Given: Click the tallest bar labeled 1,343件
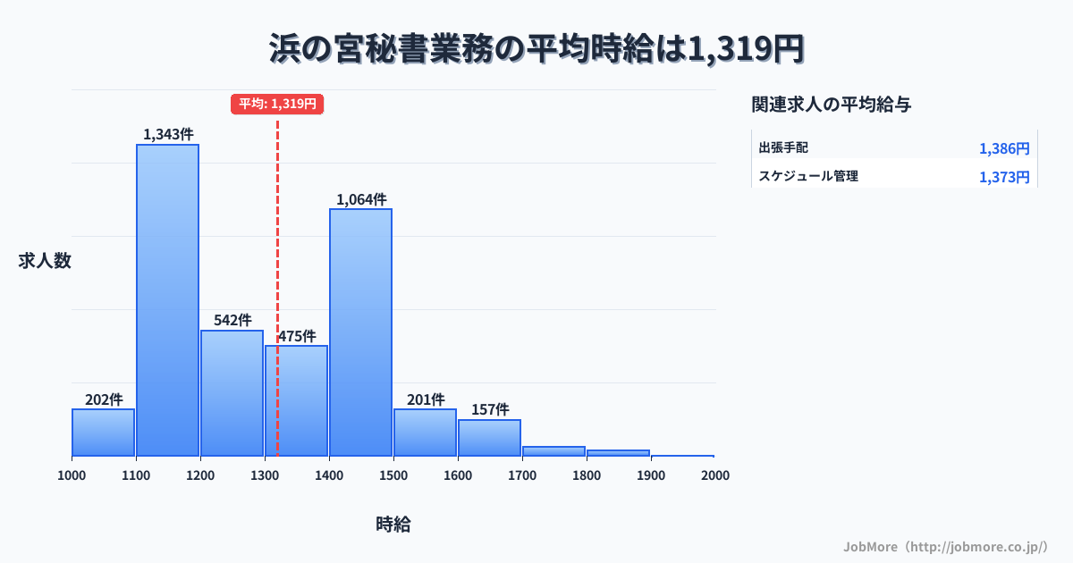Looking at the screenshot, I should [167, 299].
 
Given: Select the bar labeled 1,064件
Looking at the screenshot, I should [360, 332].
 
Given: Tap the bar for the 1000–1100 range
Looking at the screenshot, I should [103, 433].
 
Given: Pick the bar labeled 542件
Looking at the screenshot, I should [232, 392].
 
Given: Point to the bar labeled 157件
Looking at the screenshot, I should [489, 438].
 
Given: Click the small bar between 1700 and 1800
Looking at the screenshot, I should [553, 451].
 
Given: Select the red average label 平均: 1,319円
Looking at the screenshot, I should [277, 104].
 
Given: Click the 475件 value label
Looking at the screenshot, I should [296, 336].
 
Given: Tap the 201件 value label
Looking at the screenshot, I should [425, 399].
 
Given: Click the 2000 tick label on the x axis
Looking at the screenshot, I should [715, 475].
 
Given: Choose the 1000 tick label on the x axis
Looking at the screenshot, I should [72, 475].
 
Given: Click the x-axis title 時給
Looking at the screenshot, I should [393, 525].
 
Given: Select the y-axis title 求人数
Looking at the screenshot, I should [45, 261].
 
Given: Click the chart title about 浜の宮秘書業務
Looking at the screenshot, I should [536, 48].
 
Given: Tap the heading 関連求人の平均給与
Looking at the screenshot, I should [832, 105].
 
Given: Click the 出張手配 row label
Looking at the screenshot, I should [783, 147].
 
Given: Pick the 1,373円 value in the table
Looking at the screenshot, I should [1004, 177].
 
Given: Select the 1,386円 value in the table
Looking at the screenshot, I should [1004, 148].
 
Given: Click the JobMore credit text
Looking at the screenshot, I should [945, 546].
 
